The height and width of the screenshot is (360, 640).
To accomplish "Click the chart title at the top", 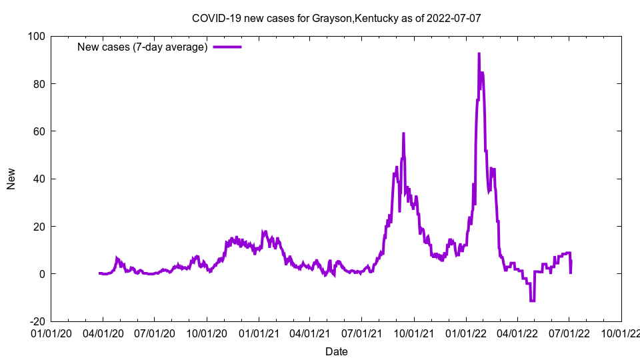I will tap(336, 18).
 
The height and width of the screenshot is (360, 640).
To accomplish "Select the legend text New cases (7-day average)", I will tap(143, 47).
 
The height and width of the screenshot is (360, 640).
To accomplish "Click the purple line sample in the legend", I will tap(227, 47).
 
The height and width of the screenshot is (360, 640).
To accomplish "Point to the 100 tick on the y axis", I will tap(36, 36).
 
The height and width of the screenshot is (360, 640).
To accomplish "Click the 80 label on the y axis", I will tap(39, 84).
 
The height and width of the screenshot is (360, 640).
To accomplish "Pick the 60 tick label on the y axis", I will tap(39, 131).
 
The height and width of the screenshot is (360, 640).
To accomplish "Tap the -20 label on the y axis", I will tap(36, 321).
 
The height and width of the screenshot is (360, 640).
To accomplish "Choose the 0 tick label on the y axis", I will tap(41, 274).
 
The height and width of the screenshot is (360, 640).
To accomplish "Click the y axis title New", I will tap(11, 179).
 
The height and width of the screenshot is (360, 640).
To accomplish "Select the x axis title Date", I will tap(336, 351).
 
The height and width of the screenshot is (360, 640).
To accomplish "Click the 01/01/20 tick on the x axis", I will tap(51, 332).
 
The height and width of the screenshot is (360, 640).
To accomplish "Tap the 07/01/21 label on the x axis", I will tap(362, 332).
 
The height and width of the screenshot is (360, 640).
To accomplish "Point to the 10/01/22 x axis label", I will tap(621, 332).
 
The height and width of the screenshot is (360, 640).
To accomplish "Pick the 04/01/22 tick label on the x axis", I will tap(517, 332).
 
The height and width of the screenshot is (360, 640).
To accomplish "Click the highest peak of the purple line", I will tap(479, 54).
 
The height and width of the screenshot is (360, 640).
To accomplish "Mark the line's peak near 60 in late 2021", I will tap(403, 133).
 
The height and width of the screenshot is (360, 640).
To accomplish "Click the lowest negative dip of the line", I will tap(532, 301).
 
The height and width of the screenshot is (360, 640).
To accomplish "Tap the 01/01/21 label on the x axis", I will tap(259, 332).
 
